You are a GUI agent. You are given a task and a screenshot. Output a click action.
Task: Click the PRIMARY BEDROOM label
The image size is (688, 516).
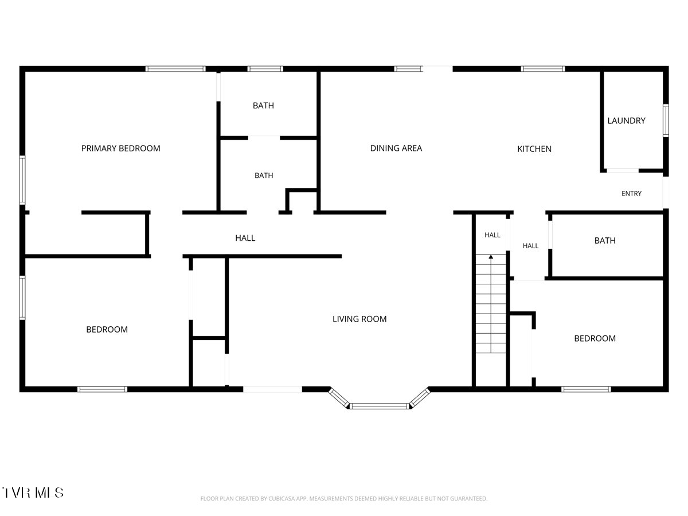pos(120,148)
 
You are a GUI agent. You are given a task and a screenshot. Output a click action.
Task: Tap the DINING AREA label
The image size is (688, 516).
pos(396,148)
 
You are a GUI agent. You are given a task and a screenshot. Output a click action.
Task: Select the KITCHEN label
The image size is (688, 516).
pos(534,149)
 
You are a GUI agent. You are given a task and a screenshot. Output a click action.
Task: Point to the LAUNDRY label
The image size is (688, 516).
pos(626,120)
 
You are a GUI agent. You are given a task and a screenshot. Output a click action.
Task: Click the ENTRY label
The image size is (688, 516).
pos(631,193)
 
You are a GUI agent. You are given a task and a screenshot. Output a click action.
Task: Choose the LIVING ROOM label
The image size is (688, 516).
pos(359,319)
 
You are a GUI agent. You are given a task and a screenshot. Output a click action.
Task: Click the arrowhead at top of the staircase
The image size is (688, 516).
pos(491,257)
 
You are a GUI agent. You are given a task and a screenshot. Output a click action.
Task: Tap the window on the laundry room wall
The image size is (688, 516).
pos(666,120)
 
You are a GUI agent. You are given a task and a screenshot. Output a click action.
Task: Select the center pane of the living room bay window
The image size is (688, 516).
pos(380,406)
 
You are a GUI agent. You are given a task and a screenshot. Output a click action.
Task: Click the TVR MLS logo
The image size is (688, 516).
pos(33,492)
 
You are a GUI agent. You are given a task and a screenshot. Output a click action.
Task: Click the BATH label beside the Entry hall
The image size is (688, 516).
pos(605,241)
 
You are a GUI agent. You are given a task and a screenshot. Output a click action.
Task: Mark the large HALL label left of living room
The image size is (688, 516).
pos(245,238)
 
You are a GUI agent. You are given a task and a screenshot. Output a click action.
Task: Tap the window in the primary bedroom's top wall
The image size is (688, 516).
pos(175,69)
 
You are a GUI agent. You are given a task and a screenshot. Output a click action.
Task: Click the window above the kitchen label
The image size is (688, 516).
pos(543,69)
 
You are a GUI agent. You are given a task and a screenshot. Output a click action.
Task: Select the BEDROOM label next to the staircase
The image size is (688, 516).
pos(595,338)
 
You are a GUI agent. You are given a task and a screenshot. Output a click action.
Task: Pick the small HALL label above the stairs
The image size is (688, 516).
pos(492,235)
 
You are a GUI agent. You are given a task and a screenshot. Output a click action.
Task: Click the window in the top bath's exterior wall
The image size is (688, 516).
pos(265,69)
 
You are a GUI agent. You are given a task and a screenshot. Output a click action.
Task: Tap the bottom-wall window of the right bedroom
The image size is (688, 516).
pos(586,389)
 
